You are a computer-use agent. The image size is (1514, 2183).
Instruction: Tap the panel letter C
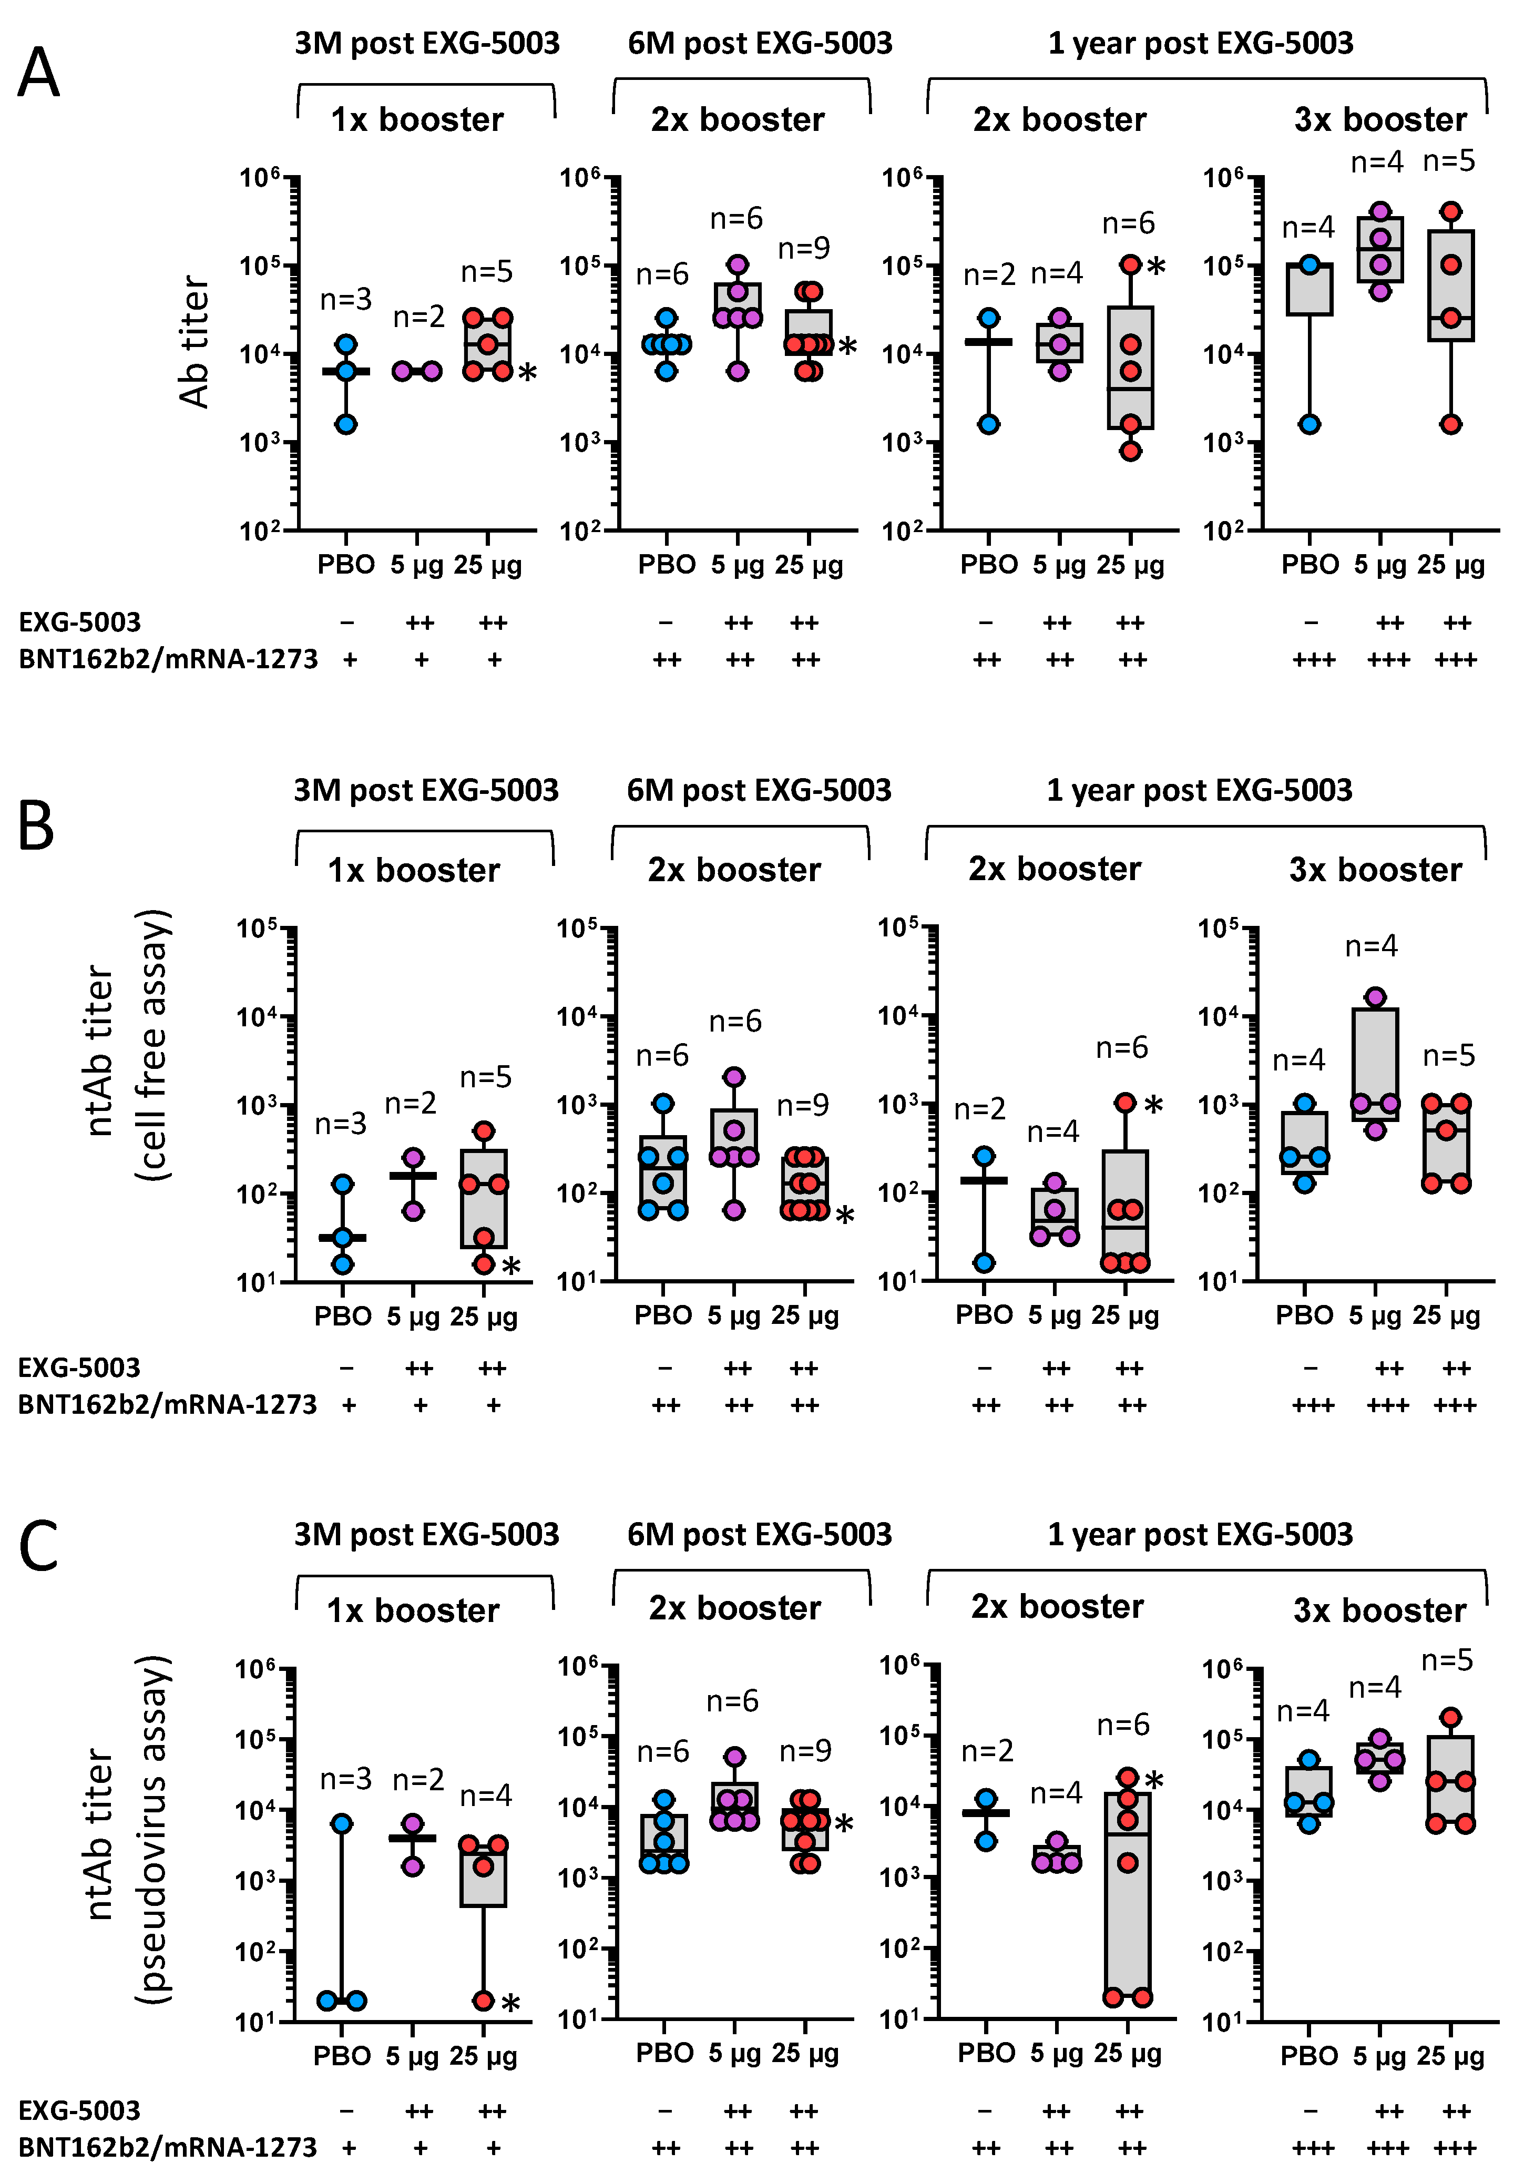tap(38, 1545)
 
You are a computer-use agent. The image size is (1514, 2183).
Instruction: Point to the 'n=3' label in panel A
tap(345, 300)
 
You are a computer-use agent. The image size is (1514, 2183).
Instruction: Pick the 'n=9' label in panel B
tap(803, 1105)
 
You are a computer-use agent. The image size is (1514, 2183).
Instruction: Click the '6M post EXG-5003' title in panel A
tap(760, 44)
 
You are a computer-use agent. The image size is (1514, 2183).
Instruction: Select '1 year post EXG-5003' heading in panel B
tap(1199, 790)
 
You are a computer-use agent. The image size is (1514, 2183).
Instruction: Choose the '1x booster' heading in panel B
tap(414, 870)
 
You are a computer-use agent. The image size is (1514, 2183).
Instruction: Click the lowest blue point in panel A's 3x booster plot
tap(1309, 424)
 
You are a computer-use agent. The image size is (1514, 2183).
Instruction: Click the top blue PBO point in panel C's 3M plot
tap(342, 1823)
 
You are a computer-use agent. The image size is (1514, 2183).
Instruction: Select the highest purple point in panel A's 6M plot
tap(737, 264)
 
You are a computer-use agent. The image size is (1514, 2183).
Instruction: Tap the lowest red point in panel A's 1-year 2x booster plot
tap(1130, 452)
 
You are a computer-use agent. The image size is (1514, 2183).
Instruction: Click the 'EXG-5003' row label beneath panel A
tap(80, 623)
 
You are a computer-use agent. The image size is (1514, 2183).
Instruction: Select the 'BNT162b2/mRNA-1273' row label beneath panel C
tap(167, 2147)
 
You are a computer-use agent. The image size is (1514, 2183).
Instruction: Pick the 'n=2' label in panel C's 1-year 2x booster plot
tap(987, 1750)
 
